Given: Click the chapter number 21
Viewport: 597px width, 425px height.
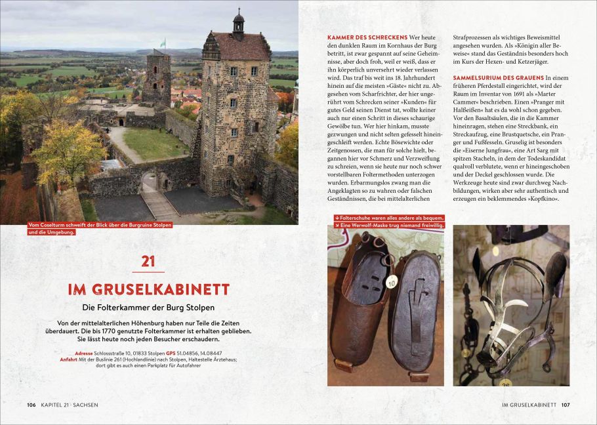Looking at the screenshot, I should pos(148,261).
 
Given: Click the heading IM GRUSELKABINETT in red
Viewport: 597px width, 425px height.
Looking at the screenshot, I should pos(148,289).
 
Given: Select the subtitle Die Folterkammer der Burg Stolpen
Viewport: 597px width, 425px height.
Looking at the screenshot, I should pos(148,307).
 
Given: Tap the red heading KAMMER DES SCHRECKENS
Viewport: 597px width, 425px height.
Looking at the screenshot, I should pos(367,37).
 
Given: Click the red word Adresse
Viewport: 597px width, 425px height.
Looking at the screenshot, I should pos(84,354).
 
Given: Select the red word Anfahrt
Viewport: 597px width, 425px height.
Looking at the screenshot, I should pos(68,359).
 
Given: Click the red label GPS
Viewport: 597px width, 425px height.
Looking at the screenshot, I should pos(171,354).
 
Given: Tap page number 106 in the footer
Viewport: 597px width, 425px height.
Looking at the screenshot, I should pos(31,405).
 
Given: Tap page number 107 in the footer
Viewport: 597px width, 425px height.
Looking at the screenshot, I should pos(566,405).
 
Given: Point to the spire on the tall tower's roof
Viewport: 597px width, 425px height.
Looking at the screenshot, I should pos(238,20).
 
